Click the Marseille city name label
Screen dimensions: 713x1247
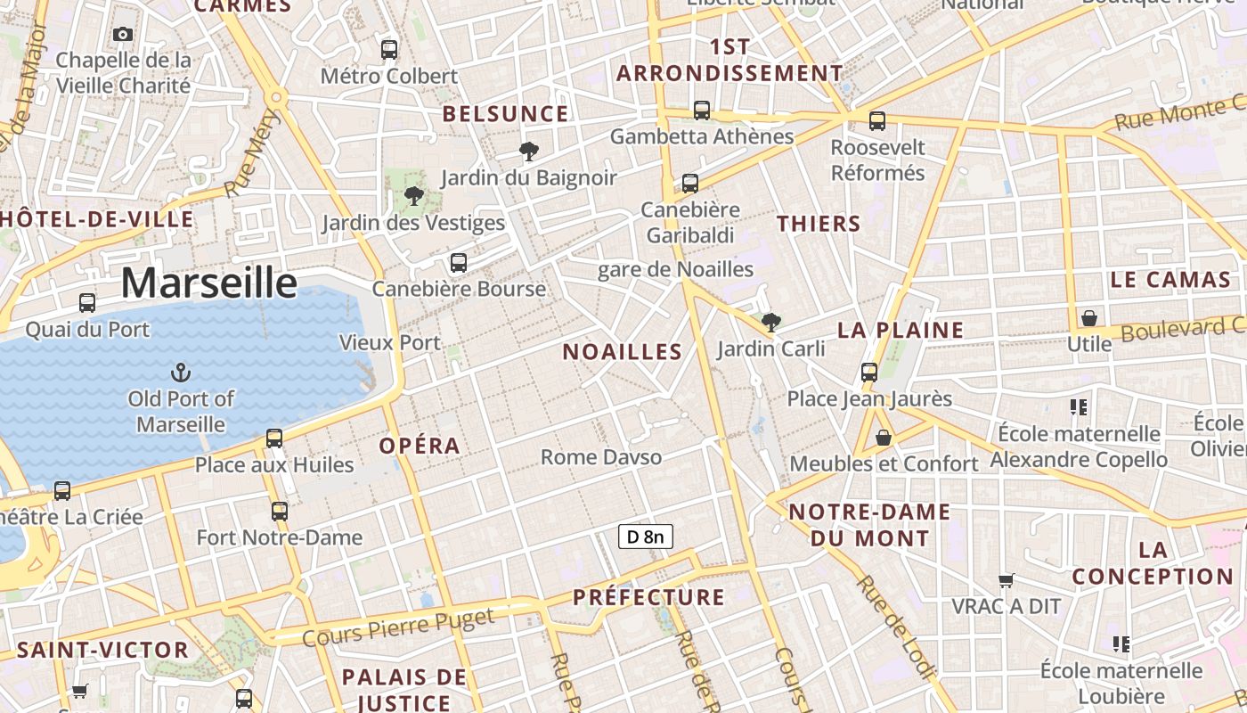pos(208,283)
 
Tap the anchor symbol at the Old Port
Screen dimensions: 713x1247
pos(181,373)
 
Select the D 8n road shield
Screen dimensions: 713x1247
pos(646,537)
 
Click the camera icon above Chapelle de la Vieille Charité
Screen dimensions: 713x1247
pos(123,35)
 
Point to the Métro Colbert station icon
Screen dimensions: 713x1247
pos(389,50)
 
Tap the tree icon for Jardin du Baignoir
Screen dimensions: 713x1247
pos(529,152)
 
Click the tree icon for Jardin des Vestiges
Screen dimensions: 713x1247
pos(413,196)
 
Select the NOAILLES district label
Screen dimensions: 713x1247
pos(623,352)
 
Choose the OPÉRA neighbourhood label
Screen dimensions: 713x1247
pos(420,446)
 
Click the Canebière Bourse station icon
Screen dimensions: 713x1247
pos(459,263)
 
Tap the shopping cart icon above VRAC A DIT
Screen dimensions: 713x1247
pos(1007,581)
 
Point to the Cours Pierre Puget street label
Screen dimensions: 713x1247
pos(398,627)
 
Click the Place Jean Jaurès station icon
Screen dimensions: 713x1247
pos(869,373)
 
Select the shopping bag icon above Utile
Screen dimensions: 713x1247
pos(1088,318)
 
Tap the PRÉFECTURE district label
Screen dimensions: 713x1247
pos(648,597)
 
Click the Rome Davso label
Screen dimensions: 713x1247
pos(601,458)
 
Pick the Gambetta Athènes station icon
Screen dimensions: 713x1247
pos(702,111)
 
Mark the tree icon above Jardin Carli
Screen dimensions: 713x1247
pos(771,323)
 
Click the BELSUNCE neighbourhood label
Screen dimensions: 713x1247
pos(505,114)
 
